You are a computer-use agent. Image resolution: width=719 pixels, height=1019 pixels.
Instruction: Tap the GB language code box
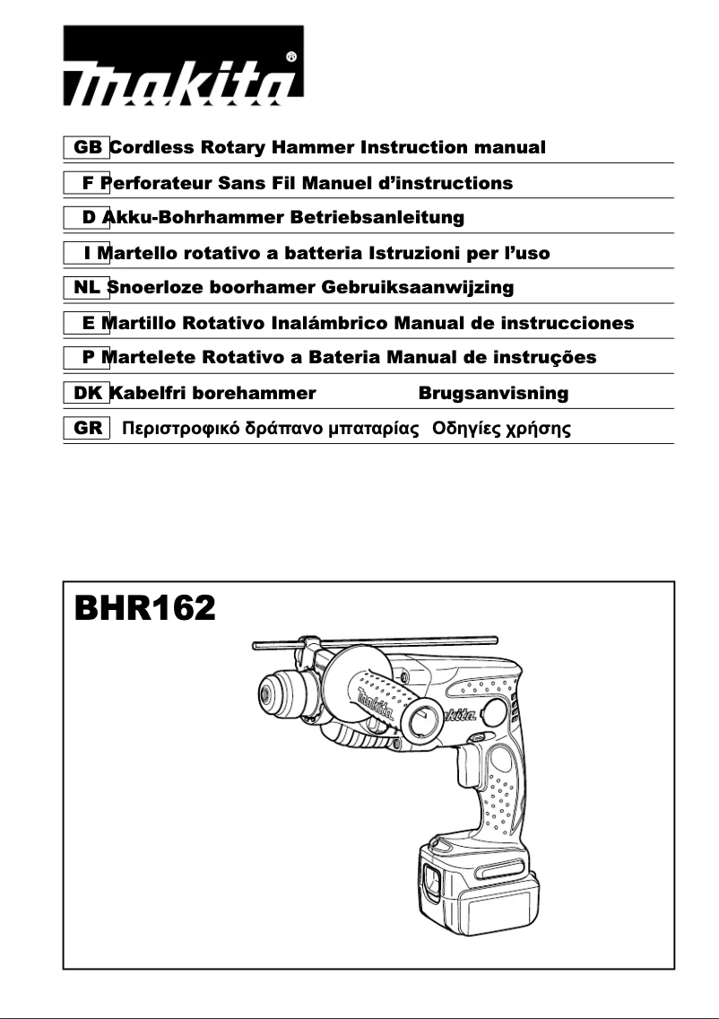(x=87, y=147)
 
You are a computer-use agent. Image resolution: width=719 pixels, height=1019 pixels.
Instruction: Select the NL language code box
(x=87, y=287)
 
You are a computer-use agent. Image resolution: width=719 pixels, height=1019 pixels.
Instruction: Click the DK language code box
(x=87, y=393)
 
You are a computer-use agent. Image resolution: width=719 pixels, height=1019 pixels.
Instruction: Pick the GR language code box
(x=87, y=428)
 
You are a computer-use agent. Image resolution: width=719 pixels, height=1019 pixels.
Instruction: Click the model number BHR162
(x=144, y=610)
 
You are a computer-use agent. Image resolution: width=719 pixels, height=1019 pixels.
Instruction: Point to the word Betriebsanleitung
(x=387, y=217)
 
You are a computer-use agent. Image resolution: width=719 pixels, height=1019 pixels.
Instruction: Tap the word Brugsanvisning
(x=493, y=393)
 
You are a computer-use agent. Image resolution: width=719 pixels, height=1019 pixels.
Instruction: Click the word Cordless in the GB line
(x=158, y=147)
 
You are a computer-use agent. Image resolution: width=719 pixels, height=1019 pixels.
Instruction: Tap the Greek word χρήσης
(x=538, y=429)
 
